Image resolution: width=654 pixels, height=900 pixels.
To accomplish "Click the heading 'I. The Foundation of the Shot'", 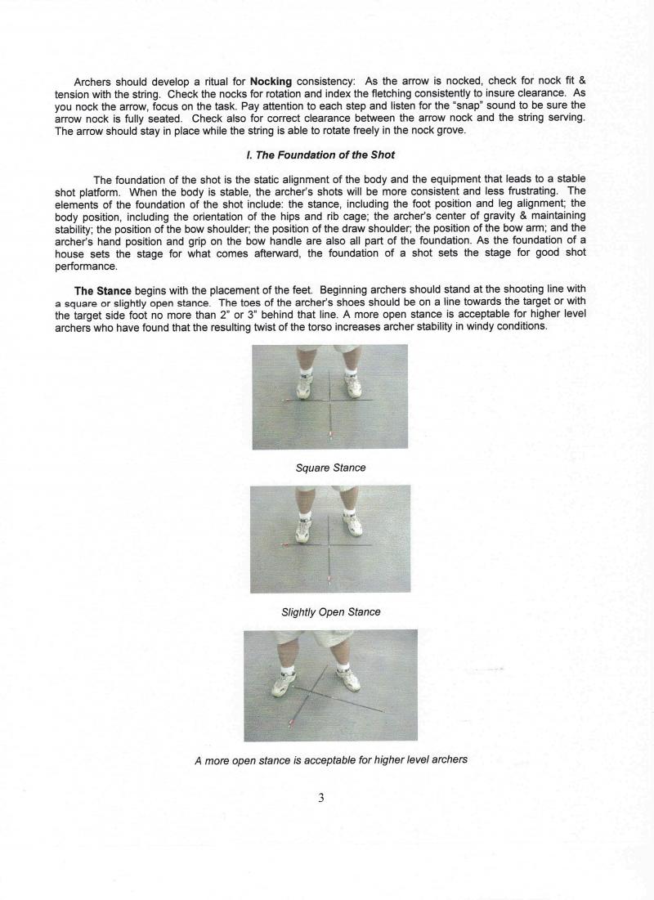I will point(325,155).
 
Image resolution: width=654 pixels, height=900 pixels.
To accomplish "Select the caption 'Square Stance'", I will point(330,468).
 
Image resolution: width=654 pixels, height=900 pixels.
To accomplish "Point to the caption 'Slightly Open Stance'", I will point(330,611).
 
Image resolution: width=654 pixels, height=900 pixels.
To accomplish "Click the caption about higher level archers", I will point(330,759).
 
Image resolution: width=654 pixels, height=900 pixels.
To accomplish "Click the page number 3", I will point(321,798).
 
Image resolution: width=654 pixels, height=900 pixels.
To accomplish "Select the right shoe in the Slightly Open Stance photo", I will point(352,524).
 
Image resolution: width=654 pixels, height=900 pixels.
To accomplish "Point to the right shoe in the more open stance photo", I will point(350,677).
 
